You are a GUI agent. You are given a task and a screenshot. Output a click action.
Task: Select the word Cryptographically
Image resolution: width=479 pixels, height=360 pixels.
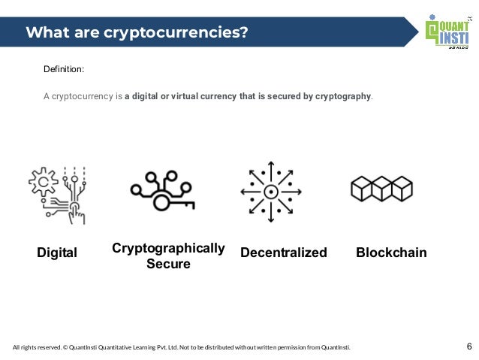click(x=168, y=248)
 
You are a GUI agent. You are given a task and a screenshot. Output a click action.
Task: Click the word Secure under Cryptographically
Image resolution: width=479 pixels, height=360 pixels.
click(x=168, y=265)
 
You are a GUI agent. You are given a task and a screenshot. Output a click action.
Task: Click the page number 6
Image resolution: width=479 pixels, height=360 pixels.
click(x=469, y=346)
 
